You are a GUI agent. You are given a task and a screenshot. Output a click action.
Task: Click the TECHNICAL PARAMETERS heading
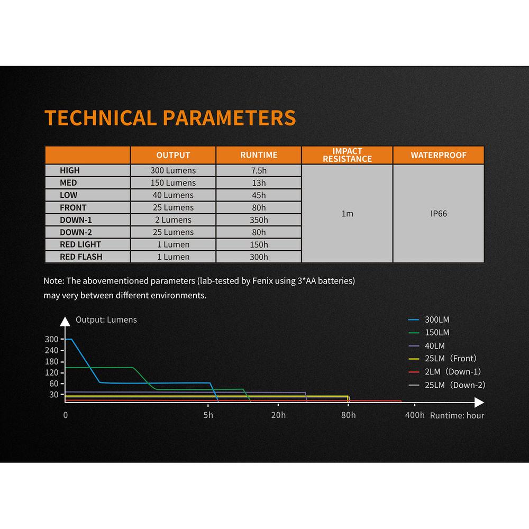pos(170,118)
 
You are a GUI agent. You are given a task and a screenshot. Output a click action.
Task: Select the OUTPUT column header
pos(173,155)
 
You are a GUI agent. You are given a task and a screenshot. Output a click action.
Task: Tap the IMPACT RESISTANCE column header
pos(347,155)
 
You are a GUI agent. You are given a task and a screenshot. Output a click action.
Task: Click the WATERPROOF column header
pos(438,155)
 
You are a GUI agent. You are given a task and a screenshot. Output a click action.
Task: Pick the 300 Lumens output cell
pos(173,170)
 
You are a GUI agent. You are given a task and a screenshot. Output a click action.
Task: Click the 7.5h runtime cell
pos(259,170)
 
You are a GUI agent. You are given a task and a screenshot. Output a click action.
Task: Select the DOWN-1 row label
pos(76,220)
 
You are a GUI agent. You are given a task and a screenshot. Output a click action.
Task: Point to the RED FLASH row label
pos(81,257)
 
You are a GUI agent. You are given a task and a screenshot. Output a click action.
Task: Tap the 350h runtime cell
pos(259,220)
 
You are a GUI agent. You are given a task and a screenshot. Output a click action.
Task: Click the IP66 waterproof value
pos(439,214)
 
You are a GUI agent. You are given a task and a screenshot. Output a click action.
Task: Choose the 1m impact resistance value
pos(347,214)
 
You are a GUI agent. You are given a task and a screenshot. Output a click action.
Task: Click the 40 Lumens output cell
pos(173,195)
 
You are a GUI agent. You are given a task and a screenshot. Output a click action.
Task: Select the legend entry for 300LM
pos(429,320)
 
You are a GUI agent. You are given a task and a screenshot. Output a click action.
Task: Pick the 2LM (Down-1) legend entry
pos(445,372)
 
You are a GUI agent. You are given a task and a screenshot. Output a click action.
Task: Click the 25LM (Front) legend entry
pos(443,358)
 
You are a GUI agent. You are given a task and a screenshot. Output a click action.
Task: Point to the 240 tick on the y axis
pos(52,350)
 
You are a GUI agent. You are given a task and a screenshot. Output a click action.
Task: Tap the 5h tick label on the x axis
pos(208,415)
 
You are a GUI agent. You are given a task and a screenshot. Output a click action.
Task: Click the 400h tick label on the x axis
pos(415,415)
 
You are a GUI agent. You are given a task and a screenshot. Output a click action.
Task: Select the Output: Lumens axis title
pos(106,320)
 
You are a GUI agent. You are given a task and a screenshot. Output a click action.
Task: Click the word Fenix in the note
pos(262,281)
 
